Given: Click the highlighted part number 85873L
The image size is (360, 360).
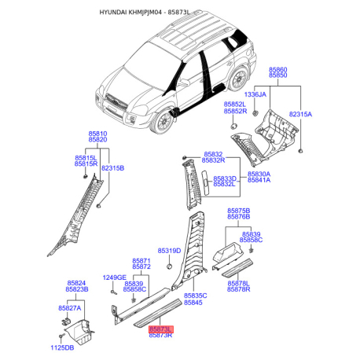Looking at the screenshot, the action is (x=161, y=329).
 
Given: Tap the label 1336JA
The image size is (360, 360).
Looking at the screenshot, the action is (x=255, y=94).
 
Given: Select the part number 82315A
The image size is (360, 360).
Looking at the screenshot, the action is (x=300, y=114).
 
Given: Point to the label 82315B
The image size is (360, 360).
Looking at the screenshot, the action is (x=112, y=168).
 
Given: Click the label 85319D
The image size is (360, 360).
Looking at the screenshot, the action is (x=169, y=251).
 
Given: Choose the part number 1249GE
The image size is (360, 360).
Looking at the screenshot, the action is (x=115, y=277).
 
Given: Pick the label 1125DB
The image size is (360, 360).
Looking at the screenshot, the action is (x=62, y=347).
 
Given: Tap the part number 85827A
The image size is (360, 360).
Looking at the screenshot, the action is (x=70, y=308).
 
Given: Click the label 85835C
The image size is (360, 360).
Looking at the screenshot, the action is (x=196, y=296).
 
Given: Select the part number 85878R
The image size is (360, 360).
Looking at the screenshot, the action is (x=239, y=289).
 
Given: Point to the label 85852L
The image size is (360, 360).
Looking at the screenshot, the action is (x=235, y=105).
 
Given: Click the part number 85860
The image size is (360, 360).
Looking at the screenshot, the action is (x=278, y=70).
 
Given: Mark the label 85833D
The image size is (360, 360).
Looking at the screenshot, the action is (x=225, y=178).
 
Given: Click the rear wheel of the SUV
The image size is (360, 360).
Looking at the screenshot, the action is (x=238, y=79).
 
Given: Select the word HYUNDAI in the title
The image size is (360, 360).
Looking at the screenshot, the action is (x=113, y=13).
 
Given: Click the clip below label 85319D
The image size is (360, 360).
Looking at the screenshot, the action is (x=169, y=266).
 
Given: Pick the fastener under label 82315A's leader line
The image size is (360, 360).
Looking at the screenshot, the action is (x=300, y=151).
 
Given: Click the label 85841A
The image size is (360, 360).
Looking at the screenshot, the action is (x=259, y=180).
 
